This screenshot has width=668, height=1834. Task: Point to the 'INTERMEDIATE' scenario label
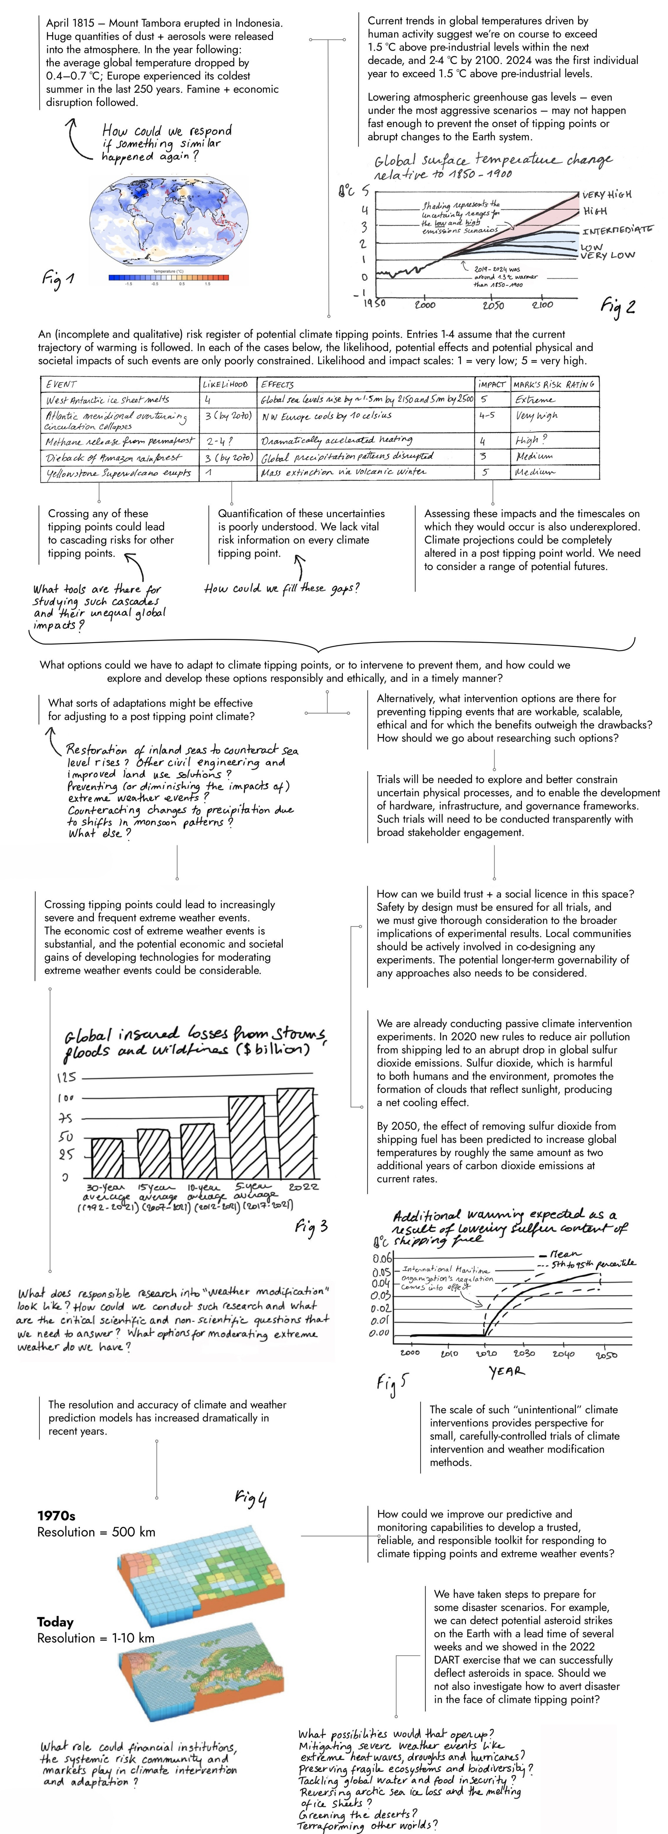click(617, 230)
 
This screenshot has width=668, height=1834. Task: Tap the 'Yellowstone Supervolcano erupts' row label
click(118, 473)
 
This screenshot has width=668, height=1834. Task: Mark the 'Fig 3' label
click(311, 1226)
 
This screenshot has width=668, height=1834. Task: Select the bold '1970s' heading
click(56, 1516)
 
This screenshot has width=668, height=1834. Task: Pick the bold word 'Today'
click(56, 1622)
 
